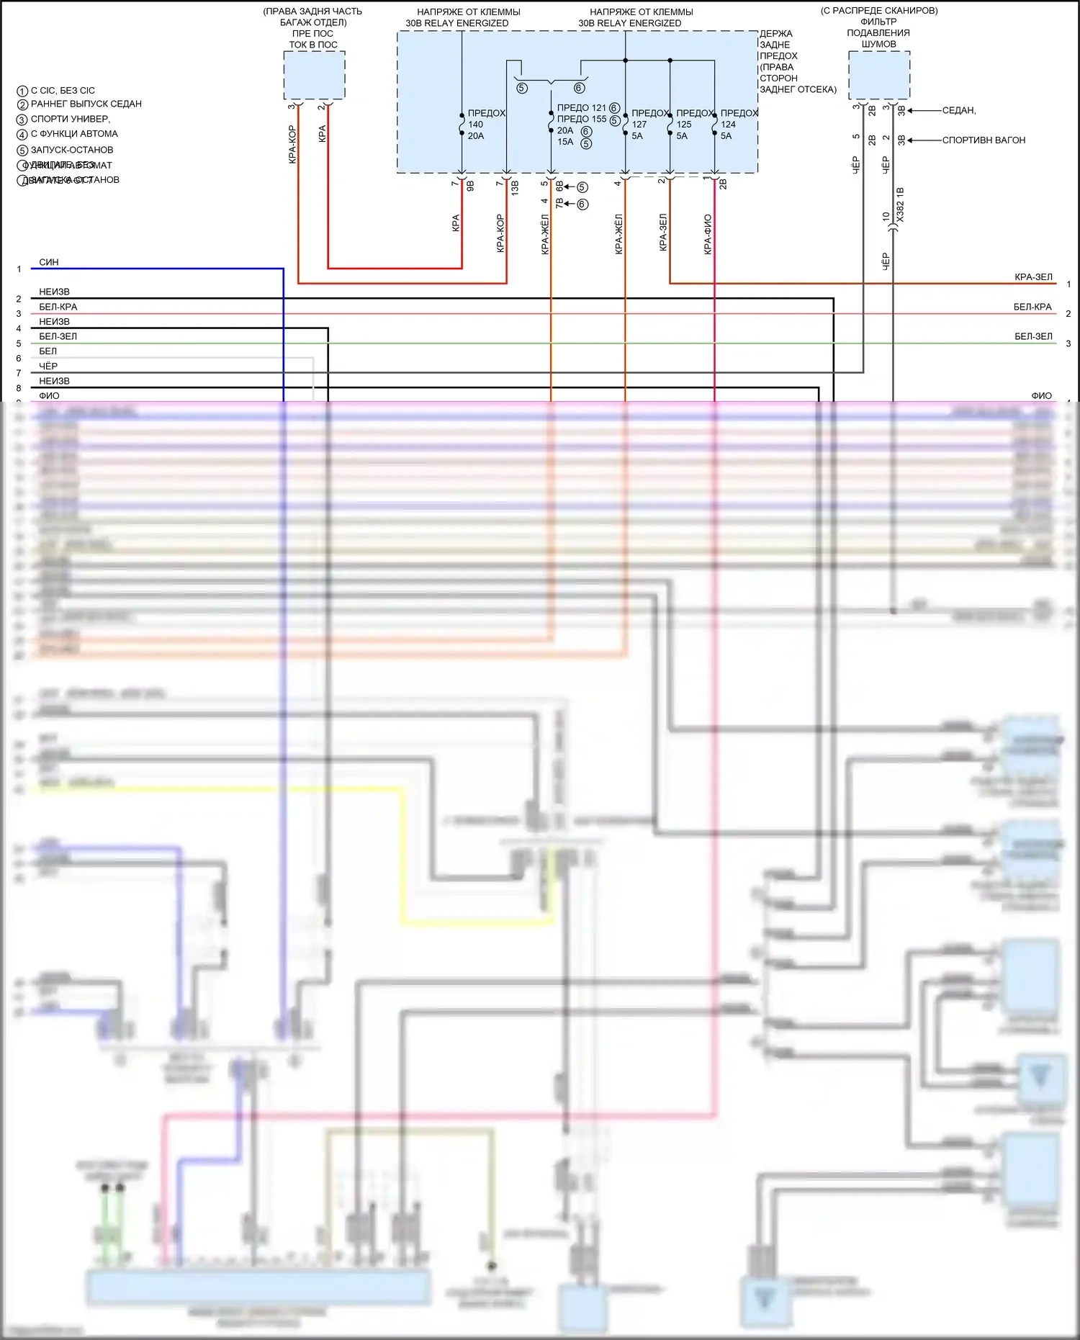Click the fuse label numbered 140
[x=476, y=125]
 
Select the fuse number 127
[x=639, y=125]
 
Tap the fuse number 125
[x=684, y=125]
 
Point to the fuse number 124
[x=729, y=125]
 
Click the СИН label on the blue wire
[x=49, y=262]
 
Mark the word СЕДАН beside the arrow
[x=958, y=110]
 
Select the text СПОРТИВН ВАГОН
[x=984, y=140]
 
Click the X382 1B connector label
[x=900, y=204]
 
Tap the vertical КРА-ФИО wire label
[x=708, y=234]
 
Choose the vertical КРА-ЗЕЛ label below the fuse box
[x=663, y=232]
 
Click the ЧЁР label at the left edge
[x=48, y=366]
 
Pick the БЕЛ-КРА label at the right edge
[x=1032, y=307]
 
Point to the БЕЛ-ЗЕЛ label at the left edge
[x=58, y=336]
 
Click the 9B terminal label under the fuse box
[x=471, y=186]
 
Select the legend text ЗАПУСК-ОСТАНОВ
[x=72, y=150]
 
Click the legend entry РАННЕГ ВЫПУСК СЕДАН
[x=86, y=104]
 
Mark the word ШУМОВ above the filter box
[x=879, y=44]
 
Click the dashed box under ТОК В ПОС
[x=314, y=76]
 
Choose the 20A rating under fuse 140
[x=476, y=136]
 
